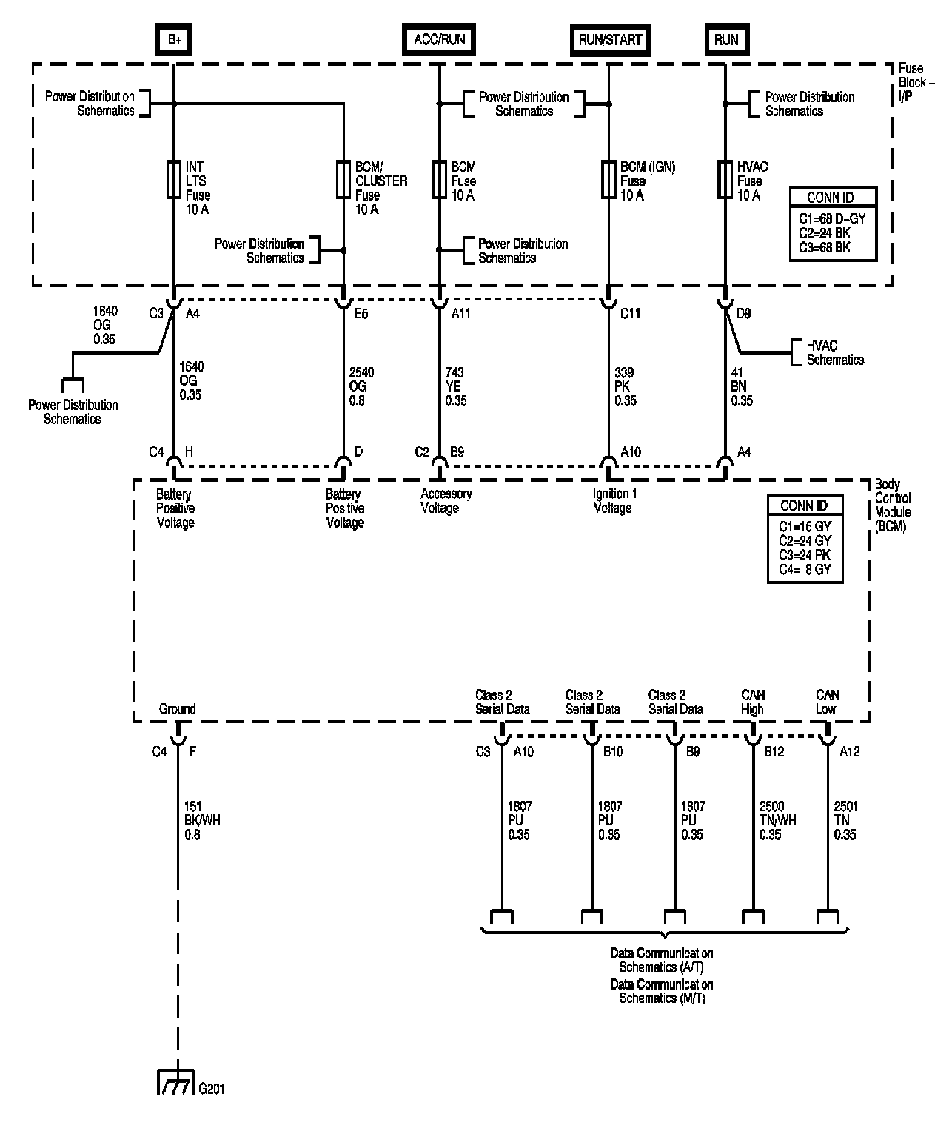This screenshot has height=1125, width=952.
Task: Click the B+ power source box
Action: click(174, 39)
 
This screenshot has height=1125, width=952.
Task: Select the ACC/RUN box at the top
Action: click(439, 39)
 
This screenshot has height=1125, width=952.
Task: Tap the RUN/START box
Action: click(610, 40)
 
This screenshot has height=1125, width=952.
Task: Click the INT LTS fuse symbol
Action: click(174, 180)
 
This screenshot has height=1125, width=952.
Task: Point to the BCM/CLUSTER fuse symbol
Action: click(343, 180)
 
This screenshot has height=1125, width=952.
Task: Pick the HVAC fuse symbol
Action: click(725, 180)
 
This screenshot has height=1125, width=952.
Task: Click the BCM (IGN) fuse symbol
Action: click(609, 180)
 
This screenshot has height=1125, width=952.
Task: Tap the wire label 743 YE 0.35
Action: click(455, 386)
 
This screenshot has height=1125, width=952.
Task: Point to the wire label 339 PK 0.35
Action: click(626, 386)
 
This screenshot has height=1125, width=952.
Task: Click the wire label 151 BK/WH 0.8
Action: click(202, 820)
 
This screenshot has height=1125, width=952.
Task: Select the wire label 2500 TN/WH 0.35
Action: click(777, 820)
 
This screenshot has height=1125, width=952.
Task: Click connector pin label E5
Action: click(361, 314)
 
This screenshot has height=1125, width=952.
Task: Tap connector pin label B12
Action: click(774, 752)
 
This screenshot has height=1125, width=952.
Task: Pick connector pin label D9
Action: click(743, 314)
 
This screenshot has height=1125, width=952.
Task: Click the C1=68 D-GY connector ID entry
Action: click(832, 219)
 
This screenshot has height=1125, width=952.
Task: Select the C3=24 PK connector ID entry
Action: click(805, 555)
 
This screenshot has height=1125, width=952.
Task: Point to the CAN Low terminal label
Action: click(827, 702)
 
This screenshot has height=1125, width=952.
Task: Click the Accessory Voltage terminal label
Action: click(446, 501)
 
